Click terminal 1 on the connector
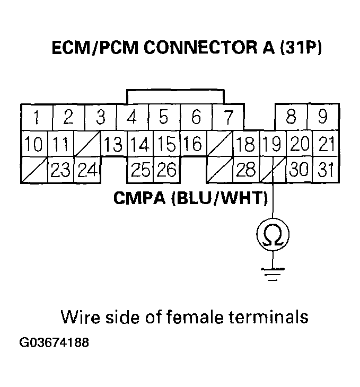coord(36,117)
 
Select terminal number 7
coord(227,117)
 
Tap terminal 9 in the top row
coord(322,117)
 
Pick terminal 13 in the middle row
coord(113,144)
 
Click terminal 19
coord(273,144)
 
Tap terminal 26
coord(166,170)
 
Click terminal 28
coord(246,170)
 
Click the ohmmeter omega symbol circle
coord(272,234)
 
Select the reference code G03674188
coord(54,342)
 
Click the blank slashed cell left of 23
coord(34,170)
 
